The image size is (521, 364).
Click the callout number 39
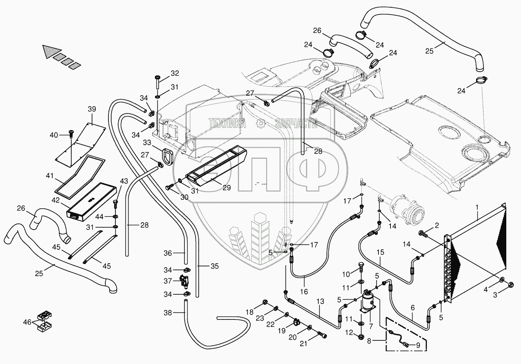tap(92, 109)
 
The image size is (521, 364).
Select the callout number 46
tap(27, 322)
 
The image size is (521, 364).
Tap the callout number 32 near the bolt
tap(175, 73)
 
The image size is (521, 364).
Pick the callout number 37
tap(167, 281)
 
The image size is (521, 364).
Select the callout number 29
tap(227, 188)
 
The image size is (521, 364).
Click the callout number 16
tap(304, 291)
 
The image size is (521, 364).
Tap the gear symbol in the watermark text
tap(261, 124)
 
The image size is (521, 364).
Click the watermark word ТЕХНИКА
tap(227, 124)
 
